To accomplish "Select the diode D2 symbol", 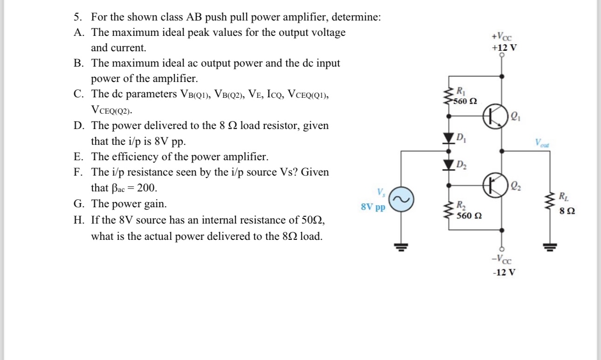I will point(449,164).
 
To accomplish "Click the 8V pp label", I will point(373,207).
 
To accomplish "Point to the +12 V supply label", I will point(504,48).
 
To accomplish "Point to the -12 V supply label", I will point(504,272).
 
